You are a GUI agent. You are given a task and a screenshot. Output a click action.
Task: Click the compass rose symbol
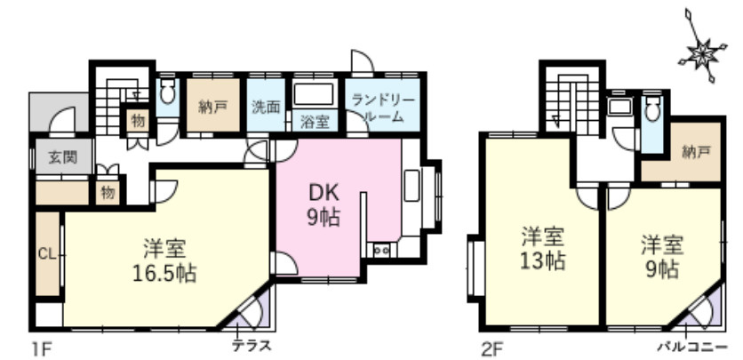700,54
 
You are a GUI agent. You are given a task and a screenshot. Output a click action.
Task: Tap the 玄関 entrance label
60,158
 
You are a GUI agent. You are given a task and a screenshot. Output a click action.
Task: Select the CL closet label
46,253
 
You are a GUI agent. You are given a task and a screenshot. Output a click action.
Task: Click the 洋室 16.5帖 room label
166,259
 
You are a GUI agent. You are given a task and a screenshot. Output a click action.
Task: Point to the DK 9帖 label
322,205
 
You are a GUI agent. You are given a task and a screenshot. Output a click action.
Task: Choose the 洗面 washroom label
266,107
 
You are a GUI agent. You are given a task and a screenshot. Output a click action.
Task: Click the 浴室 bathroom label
315,122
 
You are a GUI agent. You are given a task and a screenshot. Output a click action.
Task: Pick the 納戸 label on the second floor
697,153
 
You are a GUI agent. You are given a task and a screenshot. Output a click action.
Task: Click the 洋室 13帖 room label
543,250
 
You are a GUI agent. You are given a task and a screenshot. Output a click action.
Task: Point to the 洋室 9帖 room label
662,256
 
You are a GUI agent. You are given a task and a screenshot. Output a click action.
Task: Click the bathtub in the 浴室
314,95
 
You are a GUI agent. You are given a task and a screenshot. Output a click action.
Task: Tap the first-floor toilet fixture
167,93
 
